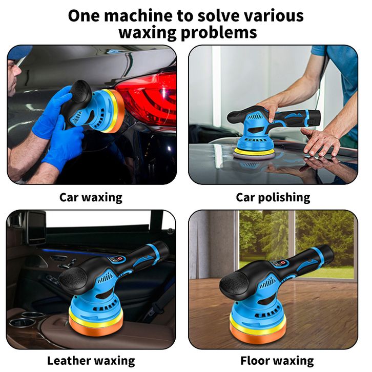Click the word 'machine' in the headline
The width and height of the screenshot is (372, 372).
tap(138, 16)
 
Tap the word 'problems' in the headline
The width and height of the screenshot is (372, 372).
tap(219, 32)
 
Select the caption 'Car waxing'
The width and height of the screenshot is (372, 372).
tap(91, 197)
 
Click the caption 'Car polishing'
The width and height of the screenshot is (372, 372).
tap(273, 197)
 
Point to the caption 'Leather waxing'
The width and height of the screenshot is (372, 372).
tap(91, 361)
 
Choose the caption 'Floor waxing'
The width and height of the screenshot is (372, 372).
tap(277, 361)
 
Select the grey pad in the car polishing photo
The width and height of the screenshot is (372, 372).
tap(254, 156)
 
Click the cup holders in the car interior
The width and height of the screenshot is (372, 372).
tap(26, 319)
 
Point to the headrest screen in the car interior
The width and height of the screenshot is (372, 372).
tap(36, 228)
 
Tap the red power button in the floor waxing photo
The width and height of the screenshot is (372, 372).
tap(283, 263)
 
